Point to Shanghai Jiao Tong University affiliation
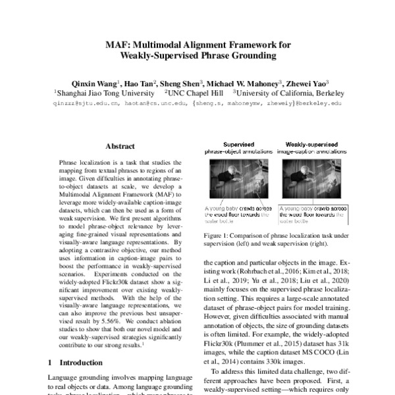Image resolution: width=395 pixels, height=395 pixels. (x=99, y=93)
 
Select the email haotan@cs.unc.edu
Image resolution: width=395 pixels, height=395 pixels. (x=161, y=103)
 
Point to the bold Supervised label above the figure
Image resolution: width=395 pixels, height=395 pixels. (x=238, y=144)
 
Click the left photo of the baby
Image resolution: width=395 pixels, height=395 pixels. (x=238, y=180)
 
